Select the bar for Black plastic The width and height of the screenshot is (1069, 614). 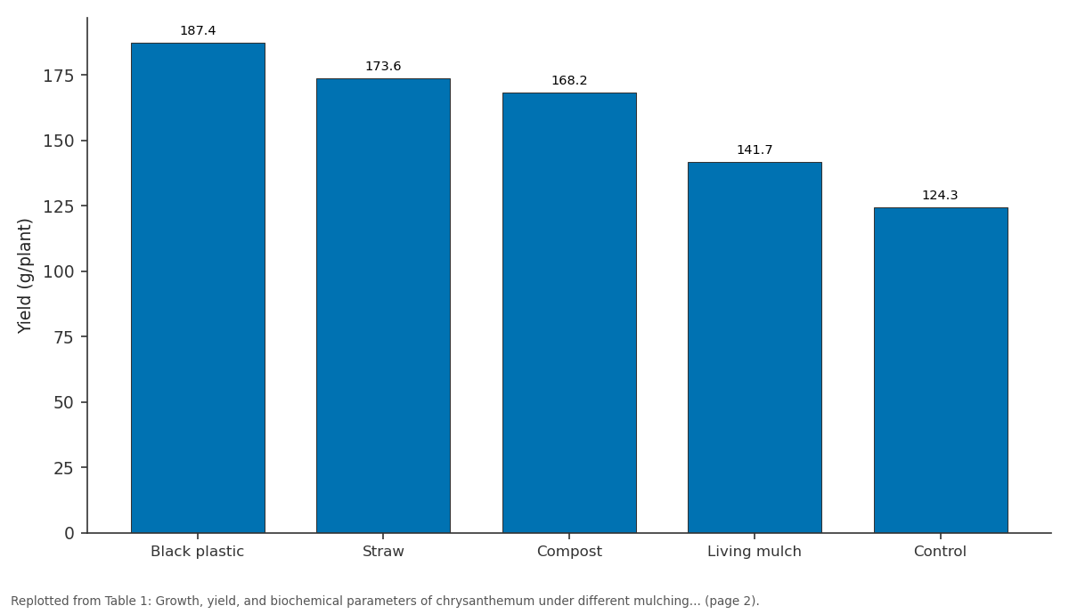coord(198,288)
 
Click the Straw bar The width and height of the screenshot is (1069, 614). coord(383,305)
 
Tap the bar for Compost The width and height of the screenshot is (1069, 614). coord(569,312)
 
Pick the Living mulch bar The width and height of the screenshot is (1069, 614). coord(755,348)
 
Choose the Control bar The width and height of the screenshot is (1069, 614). coord(941,370)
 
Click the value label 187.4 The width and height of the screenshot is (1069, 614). coord(198,30)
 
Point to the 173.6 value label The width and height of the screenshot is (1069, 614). coord(383,66)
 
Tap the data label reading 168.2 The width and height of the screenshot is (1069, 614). coord(569,81)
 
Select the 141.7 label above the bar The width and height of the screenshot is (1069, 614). coord(755,149)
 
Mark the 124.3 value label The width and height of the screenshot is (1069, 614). coord(940,195)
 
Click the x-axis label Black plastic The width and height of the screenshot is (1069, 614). coord(197,552)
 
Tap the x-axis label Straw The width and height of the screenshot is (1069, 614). coord(383,552)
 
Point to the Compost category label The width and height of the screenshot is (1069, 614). coord(569,552)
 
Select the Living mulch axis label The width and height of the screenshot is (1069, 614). coord(754,552)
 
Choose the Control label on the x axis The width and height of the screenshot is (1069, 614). coord(940,552)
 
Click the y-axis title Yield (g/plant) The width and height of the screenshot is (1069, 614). coord(24,276)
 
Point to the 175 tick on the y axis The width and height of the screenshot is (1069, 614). coord(58,76)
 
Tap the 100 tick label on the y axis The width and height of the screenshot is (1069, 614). coord(58,271)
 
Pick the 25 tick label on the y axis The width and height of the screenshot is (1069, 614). coord(63,468)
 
